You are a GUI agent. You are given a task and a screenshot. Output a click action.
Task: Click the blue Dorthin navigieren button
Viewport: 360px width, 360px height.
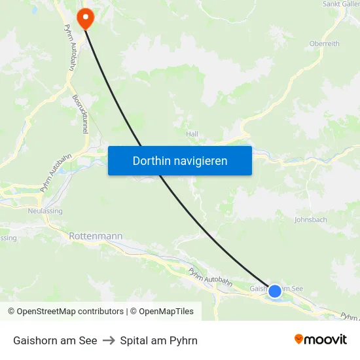(x=180, y=160)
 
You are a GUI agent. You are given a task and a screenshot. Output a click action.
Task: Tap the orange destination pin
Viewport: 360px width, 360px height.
(x=85, y=18)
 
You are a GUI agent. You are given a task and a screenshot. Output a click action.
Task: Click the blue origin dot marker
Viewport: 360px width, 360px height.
(x=275, y=291)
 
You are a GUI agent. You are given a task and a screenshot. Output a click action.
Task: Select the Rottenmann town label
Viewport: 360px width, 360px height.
(x=96, y=234)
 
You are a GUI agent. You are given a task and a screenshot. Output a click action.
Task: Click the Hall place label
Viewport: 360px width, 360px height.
(x=192, y=134)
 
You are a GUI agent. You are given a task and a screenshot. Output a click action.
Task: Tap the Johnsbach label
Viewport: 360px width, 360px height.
(x=310, y=220)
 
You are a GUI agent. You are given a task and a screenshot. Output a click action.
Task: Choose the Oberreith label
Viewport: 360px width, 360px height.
(x=324, y=44)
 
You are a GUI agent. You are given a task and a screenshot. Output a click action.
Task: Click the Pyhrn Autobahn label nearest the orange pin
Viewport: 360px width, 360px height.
(x=68, y=47)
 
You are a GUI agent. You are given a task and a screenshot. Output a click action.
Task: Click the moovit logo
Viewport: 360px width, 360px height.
(x=321, y=339)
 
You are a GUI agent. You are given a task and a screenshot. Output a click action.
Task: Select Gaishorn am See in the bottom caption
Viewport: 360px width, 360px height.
(x=55, y=340)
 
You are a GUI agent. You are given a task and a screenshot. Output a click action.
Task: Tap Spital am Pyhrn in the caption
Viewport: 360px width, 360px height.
(x=159, y=340)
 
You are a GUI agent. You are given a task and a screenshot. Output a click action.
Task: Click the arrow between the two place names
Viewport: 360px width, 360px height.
(x=109, y=340)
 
